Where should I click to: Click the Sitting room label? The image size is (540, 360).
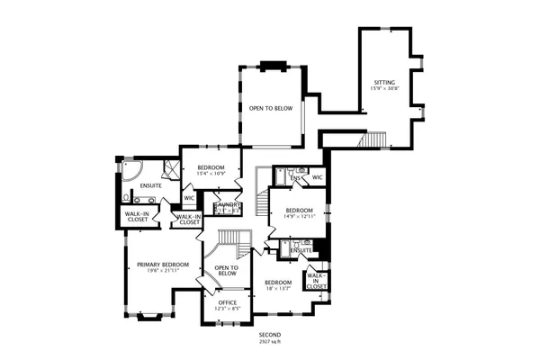(384, 83)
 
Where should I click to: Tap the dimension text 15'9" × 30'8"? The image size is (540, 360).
(384, 89)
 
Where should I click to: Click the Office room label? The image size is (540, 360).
(227, 302)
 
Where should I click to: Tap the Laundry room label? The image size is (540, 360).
(227, 205)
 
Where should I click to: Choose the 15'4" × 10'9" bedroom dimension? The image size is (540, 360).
(210, 173)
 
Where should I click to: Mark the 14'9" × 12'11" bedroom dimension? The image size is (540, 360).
(298, 216)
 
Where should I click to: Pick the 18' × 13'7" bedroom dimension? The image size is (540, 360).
(277, 289)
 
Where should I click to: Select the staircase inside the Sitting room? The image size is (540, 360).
(373, 141)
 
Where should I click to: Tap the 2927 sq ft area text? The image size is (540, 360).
(270, 341)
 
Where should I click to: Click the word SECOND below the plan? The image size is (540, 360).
(270, 335)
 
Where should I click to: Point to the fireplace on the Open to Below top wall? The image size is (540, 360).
(271, 65)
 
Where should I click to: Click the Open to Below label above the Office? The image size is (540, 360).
(226, 271)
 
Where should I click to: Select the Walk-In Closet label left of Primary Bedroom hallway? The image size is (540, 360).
(137, 216)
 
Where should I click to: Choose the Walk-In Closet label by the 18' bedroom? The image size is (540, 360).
(316, 280)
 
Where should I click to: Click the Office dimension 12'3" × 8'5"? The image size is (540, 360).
(227, 309)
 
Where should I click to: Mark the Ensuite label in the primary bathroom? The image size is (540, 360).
(150, 185)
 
